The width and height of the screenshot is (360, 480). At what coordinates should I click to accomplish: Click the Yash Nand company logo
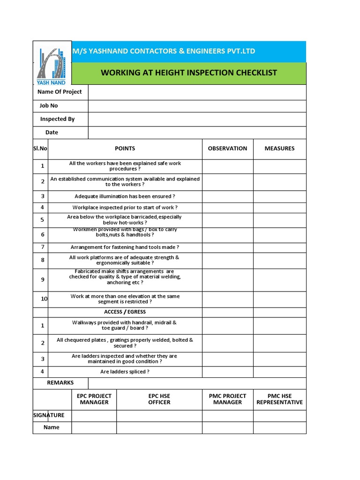click(x=52, y=63)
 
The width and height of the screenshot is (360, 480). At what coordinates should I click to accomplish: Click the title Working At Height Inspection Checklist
click(x=189, y=73)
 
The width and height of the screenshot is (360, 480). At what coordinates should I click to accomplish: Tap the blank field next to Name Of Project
click(x=197, y=92)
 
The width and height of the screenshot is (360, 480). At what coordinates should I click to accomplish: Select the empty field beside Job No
click(x=197, y=106)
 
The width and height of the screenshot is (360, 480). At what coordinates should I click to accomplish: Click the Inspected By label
click(x=57, y=119)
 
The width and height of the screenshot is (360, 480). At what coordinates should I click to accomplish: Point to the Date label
click(x=52, y=132)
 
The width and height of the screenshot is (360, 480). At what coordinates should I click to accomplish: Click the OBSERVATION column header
click(x=227, y=149)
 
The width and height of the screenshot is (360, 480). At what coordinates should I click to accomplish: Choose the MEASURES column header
click(x=279, y=149)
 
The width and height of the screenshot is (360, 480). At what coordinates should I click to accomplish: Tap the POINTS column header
click(x=125, y=149)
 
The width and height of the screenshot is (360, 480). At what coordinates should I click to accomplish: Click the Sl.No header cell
click(x=40, y=149)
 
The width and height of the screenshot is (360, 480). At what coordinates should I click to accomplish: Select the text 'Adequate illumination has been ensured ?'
click(x=125, y=196)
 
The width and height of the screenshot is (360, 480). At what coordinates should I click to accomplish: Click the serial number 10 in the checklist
click(x=44, y=299)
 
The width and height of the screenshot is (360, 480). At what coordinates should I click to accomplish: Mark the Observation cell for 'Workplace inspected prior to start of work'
click(x=227, y=207)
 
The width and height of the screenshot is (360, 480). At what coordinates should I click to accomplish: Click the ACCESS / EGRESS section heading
click(x=125, y=312)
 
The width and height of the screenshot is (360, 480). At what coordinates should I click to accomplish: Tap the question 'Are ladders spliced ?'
click(x=125, y=372)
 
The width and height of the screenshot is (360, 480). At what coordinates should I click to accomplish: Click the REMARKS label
click(x=60, y=383)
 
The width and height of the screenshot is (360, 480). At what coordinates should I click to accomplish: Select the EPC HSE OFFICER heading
click(x=159, y=399)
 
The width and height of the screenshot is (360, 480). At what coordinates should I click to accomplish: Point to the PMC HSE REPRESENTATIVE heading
click(x=279, y=399)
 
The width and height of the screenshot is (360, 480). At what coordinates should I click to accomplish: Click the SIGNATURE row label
click(x=49, y=415)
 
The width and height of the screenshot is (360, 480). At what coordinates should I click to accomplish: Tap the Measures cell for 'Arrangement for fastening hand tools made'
click(x=279, y=247)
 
